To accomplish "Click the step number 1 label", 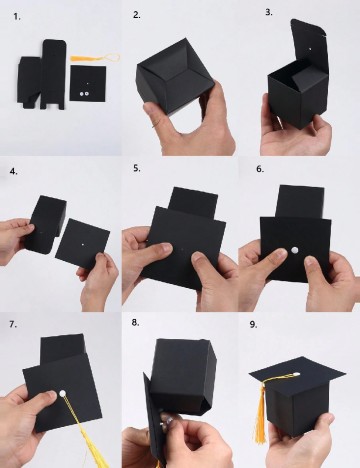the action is [17, 17].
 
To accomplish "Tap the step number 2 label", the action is [137, 15].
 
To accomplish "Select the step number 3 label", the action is [269, 12].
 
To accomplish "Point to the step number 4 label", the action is [14, 171].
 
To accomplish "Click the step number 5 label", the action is [137, 168].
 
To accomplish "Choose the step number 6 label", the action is [260, 169].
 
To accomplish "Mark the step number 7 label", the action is [13, 324].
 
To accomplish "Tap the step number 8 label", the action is [135, 322].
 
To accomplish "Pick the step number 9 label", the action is [253, 325].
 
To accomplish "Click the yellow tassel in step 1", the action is [94, 58].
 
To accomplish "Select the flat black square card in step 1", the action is [88, 83].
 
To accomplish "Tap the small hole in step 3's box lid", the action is [310, 49].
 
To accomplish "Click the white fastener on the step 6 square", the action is [294, 250].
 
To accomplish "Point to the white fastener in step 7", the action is [62, 394].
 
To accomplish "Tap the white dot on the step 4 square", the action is [83, 245].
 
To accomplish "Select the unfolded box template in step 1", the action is [42, 74].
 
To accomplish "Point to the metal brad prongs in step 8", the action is [165, 422].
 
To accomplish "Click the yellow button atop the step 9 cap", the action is [295, 375].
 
